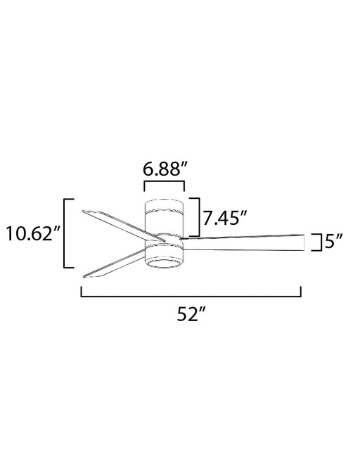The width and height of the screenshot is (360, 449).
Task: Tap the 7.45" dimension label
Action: [x=225, y=218]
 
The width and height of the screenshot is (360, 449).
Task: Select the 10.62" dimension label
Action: [x=32, y=233]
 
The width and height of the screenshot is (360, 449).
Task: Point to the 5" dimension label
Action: [x=334, y=242]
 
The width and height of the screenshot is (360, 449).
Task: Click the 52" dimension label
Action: [x=191, y=314]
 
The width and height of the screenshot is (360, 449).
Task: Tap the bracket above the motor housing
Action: [x=164, y=181]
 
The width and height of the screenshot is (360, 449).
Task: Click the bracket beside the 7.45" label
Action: [x=198, y=217]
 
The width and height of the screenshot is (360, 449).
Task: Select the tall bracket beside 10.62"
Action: [x=65, y=233]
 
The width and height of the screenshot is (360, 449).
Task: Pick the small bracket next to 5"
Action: [x=320, y=242]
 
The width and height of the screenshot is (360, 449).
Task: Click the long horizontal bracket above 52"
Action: [x=191, y=296]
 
